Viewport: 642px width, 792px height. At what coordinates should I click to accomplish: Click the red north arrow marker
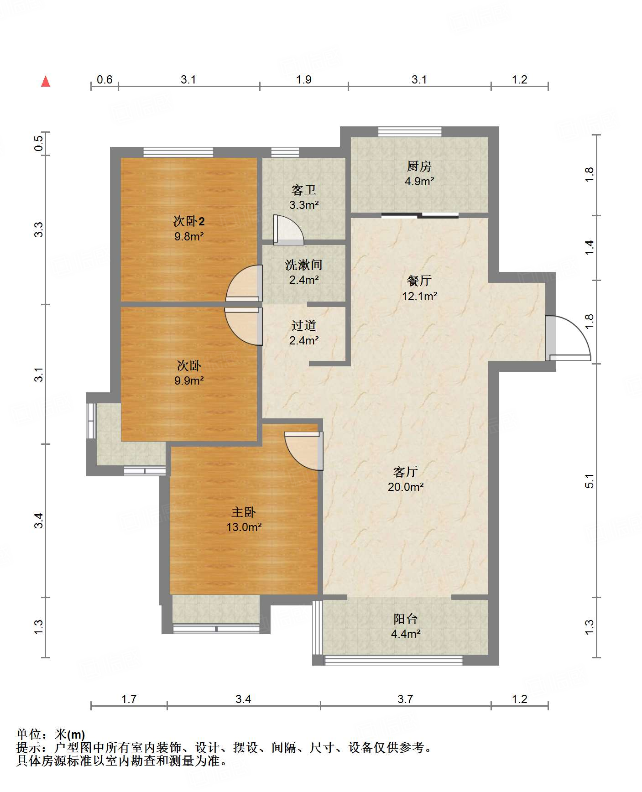coord(46,82)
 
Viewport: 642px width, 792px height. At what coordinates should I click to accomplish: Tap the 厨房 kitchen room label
coord(419,166)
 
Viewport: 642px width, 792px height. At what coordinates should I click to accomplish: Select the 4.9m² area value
coord(419,181)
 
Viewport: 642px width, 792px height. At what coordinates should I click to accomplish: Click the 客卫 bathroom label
coord(304,190)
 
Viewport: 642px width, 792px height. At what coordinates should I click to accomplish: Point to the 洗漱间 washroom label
coord(304,265)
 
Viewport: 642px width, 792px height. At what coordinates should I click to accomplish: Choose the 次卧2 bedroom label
coord(189,221)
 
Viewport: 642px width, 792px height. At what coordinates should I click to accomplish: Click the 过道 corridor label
coord(304,325)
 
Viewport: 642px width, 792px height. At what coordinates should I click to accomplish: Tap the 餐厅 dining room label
coord(419,281)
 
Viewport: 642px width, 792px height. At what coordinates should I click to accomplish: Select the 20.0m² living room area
coord(406,487)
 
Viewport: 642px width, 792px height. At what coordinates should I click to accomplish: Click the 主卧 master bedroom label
coord(244,512)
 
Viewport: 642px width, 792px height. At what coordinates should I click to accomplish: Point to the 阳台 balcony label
coord(406,619)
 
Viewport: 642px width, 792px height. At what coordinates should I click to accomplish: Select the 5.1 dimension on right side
coord(590,481)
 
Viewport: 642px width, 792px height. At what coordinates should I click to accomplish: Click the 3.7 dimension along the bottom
coord(405,699)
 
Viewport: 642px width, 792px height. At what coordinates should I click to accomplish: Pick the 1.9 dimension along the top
coord(303,79)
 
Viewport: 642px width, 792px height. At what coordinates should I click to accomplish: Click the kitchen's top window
coord(410,132)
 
